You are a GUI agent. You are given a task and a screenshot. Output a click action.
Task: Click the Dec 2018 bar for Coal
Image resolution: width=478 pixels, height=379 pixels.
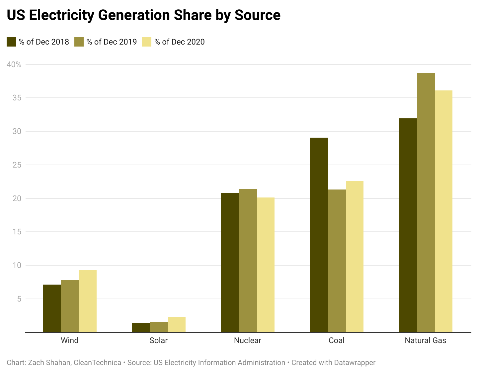coord(319,235)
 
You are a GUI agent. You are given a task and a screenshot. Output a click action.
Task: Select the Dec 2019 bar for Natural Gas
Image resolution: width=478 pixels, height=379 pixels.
coord(426,202)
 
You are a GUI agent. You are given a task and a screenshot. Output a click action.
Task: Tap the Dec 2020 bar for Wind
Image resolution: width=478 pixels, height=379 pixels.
coord(88,301)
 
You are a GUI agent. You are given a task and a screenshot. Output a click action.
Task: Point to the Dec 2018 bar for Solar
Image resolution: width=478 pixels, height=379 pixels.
coord(141,328)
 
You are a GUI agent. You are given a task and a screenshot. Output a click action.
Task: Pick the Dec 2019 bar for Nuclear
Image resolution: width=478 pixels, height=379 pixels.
coord(248,260)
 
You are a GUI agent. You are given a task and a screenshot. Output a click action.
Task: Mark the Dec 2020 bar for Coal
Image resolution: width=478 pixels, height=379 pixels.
coord(355,256)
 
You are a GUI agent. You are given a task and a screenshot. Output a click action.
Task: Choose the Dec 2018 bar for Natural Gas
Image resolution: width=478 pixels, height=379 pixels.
coord(408,225)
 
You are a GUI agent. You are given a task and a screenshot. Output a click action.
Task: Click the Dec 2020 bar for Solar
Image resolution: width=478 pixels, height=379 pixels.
coord(177,325)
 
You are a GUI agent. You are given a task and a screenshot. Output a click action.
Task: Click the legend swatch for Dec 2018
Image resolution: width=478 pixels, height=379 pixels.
coord(11,42)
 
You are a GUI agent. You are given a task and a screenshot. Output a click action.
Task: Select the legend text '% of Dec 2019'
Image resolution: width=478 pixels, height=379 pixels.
coord(112,42)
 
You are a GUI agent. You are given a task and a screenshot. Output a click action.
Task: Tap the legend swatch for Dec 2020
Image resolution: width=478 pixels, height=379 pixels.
coord(147,42)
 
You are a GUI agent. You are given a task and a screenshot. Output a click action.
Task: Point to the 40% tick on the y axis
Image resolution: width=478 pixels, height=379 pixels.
coord(14,64)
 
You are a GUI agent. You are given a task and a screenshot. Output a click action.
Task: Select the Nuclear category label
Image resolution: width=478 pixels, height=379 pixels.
coord(248,340)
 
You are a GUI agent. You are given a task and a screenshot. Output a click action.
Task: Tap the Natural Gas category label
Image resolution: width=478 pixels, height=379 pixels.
coord(426,340)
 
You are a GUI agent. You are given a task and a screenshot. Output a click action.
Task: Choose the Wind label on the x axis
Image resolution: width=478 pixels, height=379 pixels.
coord(70,340)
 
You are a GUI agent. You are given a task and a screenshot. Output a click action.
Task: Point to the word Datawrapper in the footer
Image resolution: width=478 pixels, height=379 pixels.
coord(355,363)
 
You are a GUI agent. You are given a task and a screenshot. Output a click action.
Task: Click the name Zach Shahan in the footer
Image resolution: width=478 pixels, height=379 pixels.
coord(49,363)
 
